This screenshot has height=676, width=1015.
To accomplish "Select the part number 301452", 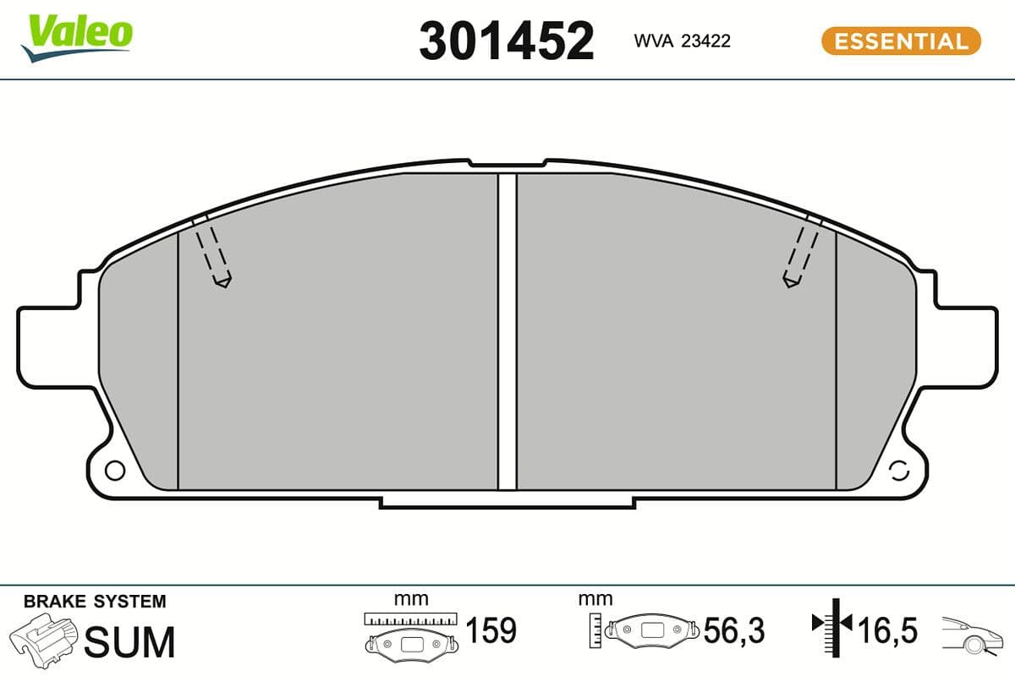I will click(x=507, y=41).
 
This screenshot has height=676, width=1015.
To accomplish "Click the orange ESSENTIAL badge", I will click(x=901, y=41).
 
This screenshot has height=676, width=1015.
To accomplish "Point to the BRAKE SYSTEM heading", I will click(x=95, y=602).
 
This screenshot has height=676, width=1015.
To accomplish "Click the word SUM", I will click(x=131, y=641).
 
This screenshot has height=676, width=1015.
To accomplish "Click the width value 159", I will click(x=491, y=630).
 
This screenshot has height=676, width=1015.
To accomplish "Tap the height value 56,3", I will click(x=734, y=630).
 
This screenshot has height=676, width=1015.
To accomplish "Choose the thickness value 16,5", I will click(x=887, y=630).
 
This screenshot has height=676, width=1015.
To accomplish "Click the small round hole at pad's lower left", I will click(x=114, y=470).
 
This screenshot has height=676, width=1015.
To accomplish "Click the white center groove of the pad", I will click(x=507, y=330).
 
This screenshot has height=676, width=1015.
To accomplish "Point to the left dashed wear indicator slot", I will click(x=211, y=252).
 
